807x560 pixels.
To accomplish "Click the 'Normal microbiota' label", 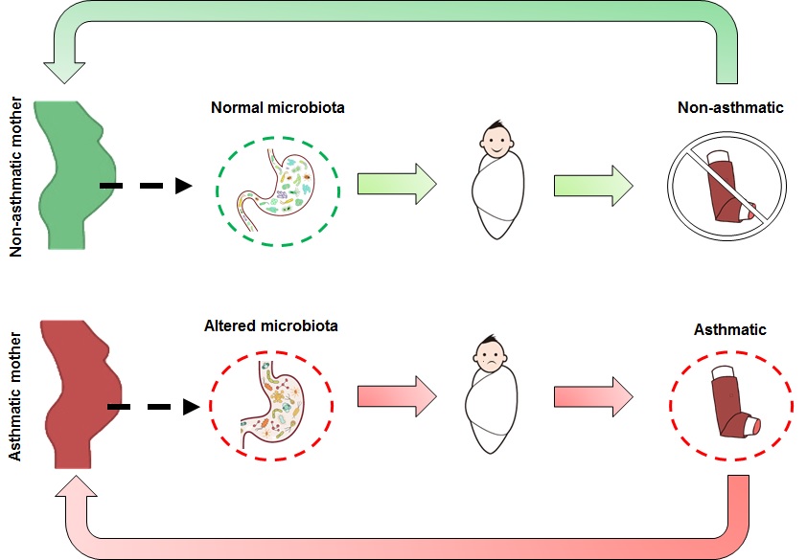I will (277, 108).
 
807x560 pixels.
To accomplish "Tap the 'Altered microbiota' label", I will (271, 326).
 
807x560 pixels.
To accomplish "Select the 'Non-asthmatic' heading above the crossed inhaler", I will (729, 107).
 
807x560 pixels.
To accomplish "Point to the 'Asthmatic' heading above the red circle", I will (730, 330).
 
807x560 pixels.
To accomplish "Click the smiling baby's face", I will (496, 143).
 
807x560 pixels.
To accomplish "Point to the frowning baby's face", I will (492, 357).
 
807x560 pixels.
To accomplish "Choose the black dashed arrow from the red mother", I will (153, 407).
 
